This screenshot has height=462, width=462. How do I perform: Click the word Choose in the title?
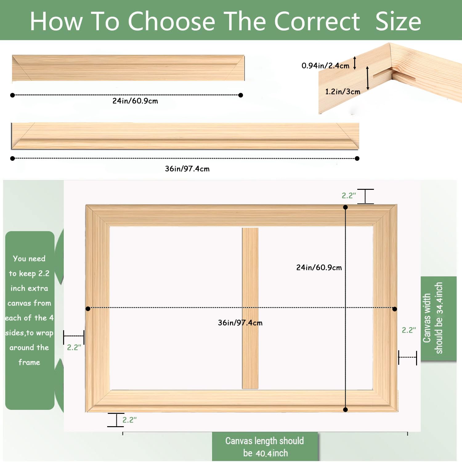[x=171, y=21]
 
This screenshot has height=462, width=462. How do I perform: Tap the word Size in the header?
[x=398, y=21]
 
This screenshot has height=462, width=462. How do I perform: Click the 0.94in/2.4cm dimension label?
[x=325, y=65]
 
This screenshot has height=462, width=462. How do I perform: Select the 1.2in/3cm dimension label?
[x=342, y=92]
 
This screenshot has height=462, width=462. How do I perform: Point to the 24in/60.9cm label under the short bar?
[x=135, y=101]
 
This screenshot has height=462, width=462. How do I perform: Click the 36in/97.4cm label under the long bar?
[x=187, y=169]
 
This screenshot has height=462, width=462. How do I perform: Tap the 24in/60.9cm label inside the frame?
[x=319, y=268]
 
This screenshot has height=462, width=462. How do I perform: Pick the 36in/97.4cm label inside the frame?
[x=240, y=323]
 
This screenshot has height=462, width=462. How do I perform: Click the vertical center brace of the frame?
[x=250, y=308]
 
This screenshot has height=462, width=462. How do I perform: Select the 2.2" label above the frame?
[x=349, y=195]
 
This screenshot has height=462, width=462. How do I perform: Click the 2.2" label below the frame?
[x=129, y=420]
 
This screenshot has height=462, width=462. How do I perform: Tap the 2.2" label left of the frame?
[x=74, y=347]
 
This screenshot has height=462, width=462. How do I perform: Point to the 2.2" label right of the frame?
[x=409, y=330]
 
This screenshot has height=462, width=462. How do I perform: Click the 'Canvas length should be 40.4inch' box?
[x=265, y=447]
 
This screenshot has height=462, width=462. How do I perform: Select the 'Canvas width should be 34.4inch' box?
[x=439, y=318]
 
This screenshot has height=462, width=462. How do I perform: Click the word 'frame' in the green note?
[x=29, y=362]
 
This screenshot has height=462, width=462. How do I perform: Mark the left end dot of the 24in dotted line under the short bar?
[x=13, y=95]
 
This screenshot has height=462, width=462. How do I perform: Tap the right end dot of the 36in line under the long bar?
[x=357, y=158]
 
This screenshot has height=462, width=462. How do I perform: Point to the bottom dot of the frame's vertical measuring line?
[x=346, y=410]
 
